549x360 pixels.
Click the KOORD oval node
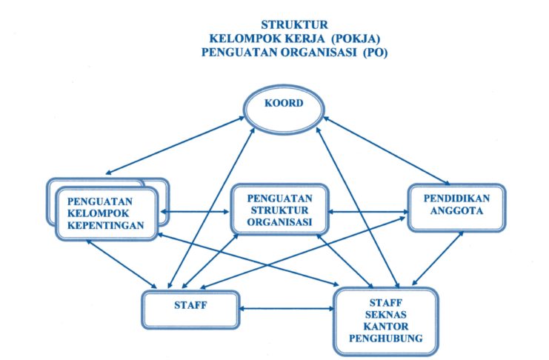coord(284,104)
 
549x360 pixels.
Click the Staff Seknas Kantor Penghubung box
coord(385,319)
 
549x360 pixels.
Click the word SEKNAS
coord(385,315)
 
